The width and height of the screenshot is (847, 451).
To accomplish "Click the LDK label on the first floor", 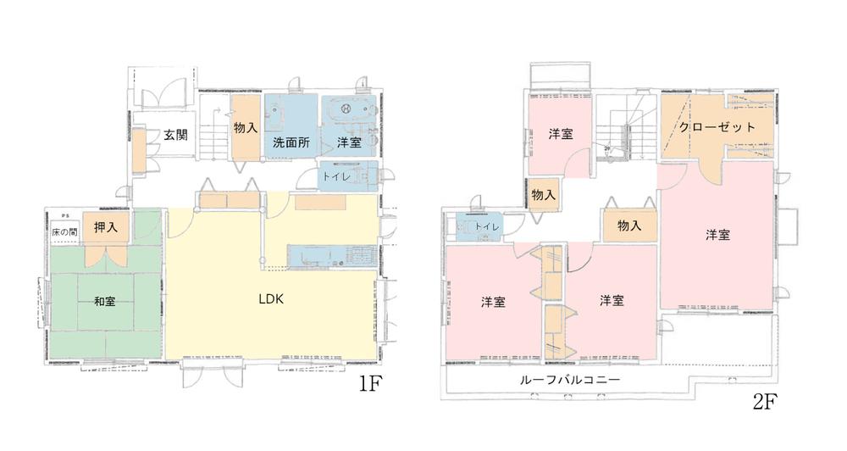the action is [270, 299].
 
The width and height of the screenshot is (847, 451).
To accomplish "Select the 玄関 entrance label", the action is [175, 134].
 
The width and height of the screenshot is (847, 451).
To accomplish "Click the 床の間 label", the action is [64, 231].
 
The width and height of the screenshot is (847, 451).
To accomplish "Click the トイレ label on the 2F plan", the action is [486, 227].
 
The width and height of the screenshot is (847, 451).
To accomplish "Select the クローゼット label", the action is [717, 127].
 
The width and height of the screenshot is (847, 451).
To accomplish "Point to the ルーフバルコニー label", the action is [569, 381].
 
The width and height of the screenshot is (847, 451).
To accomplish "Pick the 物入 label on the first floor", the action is [246, 128].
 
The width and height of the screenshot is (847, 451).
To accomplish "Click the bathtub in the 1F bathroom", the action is [347, 111].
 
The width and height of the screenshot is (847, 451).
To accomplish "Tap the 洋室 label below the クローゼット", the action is [717, 235].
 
